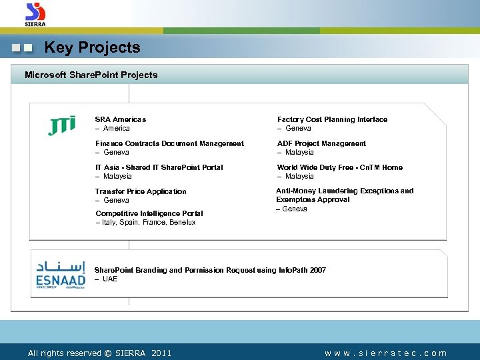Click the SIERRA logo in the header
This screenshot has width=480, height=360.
click(35, 14)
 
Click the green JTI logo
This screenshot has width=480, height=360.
click(61, 125)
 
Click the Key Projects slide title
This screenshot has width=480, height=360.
click(92, 48)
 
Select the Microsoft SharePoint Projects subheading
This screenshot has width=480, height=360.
click(91, 75)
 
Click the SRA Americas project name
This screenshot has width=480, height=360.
click(120, 119)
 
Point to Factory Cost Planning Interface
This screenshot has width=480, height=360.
click(332, 119)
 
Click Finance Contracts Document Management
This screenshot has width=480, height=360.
click(169, 143)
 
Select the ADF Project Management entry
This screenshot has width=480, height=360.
click(321, 143)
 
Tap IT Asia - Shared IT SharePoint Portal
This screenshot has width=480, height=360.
click(159, 167)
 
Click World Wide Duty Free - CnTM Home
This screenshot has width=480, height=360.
click(339, 167)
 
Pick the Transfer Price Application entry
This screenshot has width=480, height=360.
click(141, 191)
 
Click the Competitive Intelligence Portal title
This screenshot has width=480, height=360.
click(149, 213)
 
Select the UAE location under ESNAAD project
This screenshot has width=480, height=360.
click(110, 279)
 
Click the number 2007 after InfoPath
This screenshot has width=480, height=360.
click(317, 270)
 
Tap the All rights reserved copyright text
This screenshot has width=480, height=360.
click(99, 353)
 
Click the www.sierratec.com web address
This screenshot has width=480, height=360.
click(385, 353)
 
